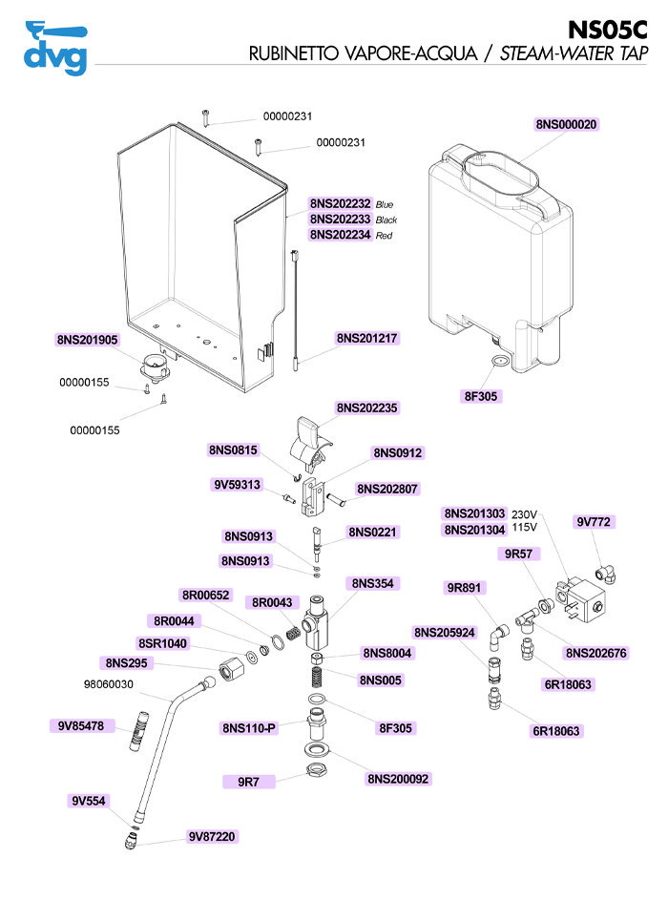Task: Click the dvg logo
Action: [x=55, y=48]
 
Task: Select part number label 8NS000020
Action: [x=567, y=124]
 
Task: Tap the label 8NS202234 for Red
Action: [x=341, y=235]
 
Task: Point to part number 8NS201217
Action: [x=366, y=338]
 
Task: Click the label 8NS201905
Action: [x=88, y=340]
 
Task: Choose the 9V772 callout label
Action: [x=594, y=522]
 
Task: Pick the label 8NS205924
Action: [x=445, y=633]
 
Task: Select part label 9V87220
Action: [x=212, y=836]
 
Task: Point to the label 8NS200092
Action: [x=398, y=779]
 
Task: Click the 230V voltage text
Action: [x=526, y=513]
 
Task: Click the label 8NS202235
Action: [x=366, y=408]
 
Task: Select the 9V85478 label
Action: [x=81, y=726]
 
